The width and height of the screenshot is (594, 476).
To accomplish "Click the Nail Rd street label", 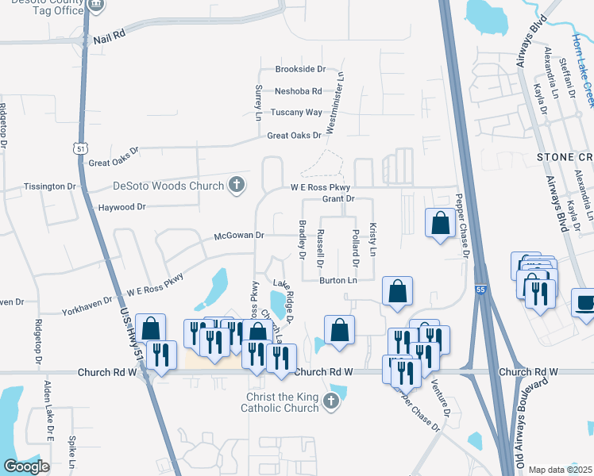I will pos(109,36).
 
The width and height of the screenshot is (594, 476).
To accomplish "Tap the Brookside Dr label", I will pos(301,70).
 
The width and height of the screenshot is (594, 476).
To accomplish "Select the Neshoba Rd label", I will pos(299,91).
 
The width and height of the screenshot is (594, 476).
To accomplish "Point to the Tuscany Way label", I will pos(297,113).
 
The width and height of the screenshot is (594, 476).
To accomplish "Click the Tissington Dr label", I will pos(49,186).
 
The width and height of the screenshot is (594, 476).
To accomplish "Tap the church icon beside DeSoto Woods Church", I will pos(236,186).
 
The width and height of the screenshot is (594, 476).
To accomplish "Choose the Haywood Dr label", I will pos(121,207).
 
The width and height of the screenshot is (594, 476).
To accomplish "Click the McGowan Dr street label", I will pos(238,236).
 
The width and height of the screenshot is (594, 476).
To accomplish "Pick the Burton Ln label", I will pos(338,280).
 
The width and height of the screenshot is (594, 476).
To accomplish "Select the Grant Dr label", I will pos(337,198).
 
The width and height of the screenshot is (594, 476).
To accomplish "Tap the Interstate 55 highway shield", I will pos(481,291).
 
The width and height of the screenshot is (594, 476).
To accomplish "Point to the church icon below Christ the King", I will pos(333,403).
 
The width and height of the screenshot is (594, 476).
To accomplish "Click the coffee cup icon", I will pos(584,302).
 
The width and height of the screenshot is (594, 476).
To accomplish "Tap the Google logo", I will pos(26,466).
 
